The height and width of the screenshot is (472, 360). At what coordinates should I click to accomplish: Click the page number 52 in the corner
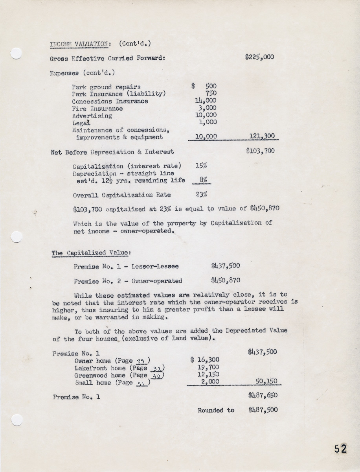pos(340,449)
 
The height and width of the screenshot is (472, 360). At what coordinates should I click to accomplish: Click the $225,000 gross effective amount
pos(259,57)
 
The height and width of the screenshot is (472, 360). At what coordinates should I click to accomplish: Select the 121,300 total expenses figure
pos(262,137)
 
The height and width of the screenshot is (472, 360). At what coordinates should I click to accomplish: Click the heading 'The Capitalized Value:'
pos(91,253)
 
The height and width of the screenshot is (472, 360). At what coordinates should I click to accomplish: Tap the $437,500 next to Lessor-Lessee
pos(225,266)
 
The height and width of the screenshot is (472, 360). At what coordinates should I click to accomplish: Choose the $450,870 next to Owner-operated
pos(225,281)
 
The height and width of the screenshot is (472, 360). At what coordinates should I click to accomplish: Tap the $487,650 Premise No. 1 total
pos(263,396)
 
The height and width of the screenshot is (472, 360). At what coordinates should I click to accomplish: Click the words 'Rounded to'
pos(216,410)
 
